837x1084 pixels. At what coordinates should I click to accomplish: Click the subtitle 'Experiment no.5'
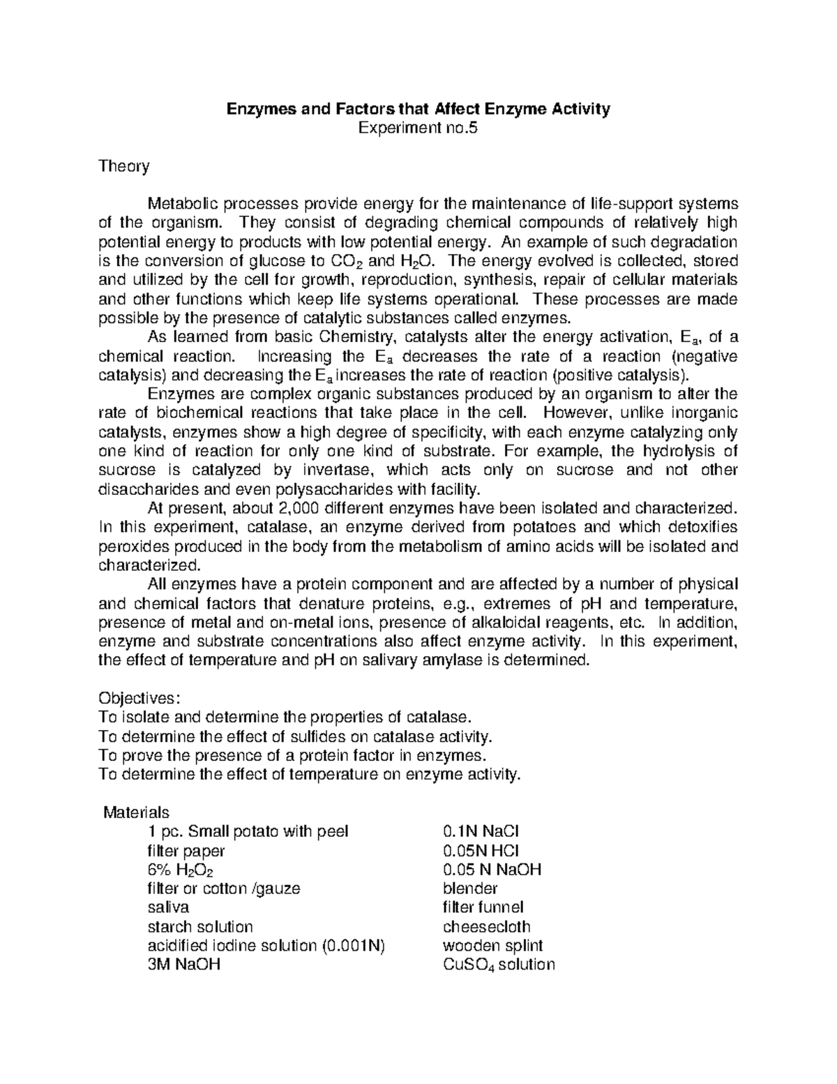(418, 128)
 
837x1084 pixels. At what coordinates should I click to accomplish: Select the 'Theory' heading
(123, 166)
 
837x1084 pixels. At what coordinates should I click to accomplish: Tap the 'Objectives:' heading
(139, 698)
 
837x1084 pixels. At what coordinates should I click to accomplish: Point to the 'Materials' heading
(136, 812)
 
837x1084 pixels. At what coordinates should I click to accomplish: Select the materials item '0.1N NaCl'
(481, 831)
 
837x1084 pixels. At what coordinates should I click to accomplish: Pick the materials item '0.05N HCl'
(481, 850)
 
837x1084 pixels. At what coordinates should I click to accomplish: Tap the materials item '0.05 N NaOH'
(492, 870)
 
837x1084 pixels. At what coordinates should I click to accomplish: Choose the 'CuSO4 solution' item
(499, 965)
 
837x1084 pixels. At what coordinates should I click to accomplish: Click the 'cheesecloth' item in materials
(486, 927)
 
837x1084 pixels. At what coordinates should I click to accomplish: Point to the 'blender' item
(470, 889)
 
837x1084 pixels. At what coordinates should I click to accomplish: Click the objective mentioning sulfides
(296, 736)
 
